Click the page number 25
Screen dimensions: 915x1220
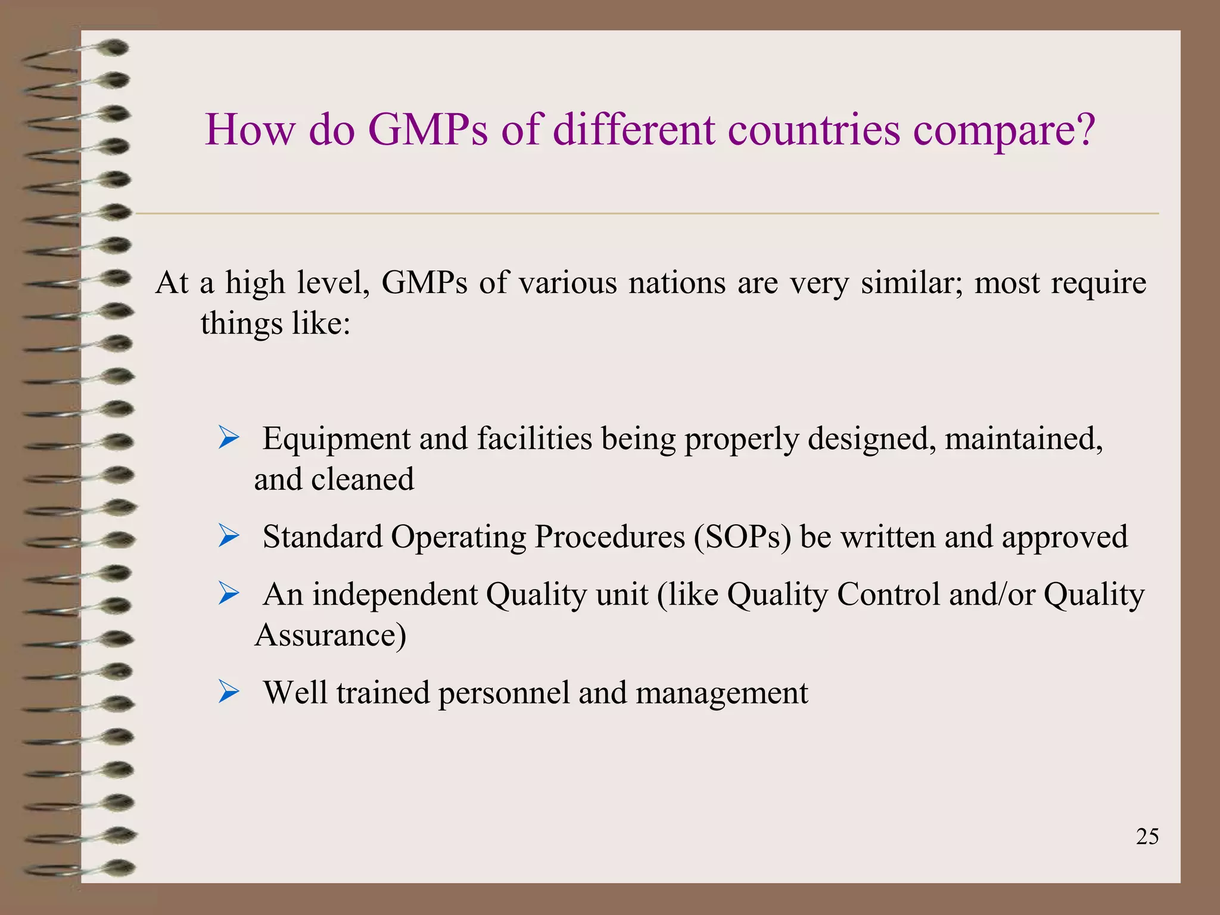coord(1147,837)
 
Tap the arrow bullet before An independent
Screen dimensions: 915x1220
coord(228,593)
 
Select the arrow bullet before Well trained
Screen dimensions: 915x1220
coord(228,692)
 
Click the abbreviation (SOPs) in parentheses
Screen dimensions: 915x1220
coord(742,537)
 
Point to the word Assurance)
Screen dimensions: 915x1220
coord(331,635)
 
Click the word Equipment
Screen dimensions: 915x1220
coord(337,440)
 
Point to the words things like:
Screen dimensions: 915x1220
coord(275,324)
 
